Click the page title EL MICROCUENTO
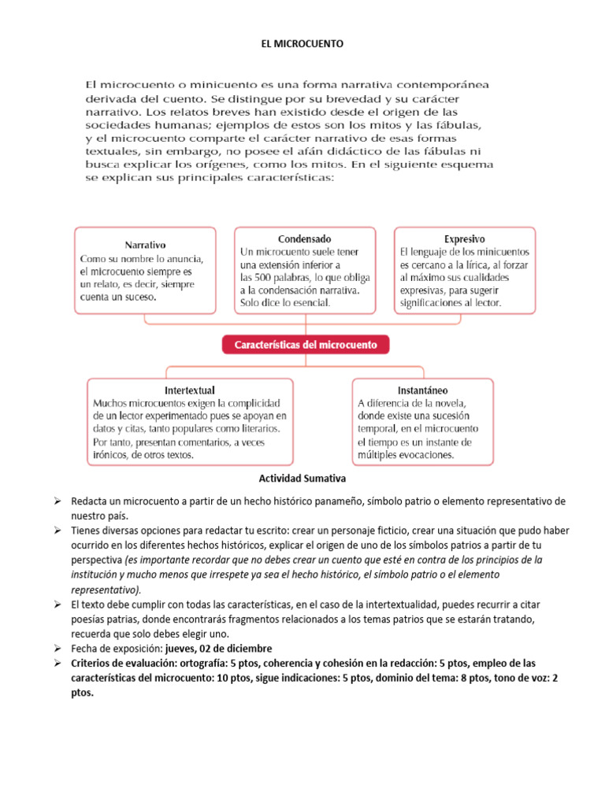click(x=302, y=45)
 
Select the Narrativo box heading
click(x=145, y=245)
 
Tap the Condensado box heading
click(x=304, y=238)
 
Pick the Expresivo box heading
click(x=465, y=238)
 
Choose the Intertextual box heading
click(x=190, y=390)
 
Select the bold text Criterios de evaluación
click(x=128, y=663)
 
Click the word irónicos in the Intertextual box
click(x=112, y=455)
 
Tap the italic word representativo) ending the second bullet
click(x=106, y=589)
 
